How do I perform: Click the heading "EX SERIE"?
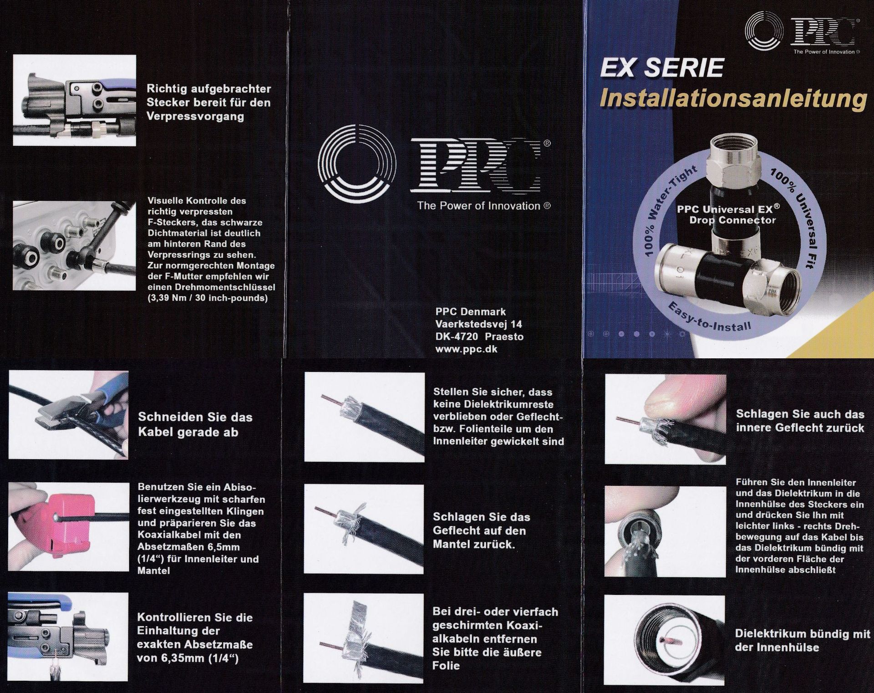click(x=662, y=68)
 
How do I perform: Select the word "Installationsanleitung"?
click(x=733, y=99)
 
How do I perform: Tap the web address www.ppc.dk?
click(x=467, y=349)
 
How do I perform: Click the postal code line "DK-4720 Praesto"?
click(x=479, y=336)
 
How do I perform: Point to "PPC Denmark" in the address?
click(x=471, y=312)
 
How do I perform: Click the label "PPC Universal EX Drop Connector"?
click(x=729, y=214)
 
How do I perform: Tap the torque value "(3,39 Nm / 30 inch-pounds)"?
click(x=208, y=298)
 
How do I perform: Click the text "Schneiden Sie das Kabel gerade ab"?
click(x=195, y=424)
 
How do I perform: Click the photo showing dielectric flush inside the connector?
click(x=665, y=640)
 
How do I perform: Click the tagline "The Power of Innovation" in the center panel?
click(x=484, y=206)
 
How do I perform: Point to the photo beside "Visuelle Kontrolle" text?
click(x=74, y=246)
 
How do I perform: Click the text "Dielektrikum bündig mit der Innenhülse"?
click(x=802, y=640)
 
